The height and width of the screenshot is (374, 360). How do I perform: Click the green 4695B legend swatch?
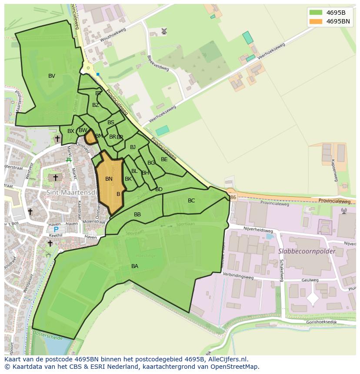pos(316,13)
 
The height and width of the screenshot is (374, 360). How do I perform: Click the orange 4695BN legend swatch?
pos(316,21)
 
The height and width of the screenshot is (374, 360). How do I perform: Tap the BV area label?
pos(52,76)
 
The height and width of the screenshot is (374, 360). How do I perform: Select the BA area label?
pos(135,266)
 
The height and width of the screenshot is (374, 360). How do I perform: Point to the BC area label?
pos(191,200)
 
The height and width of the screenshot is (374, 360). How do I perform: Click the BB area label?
pos(137,215)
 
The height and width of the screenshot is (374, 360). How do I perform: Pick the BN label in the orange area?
pos(109,179)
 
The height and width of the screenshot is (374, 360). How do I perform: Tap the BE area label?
pos(164,159)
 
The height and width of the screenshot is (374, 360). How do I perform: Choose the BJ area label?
pos(133,147)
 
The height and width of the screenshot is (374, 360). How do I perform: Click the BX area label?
pos(70,131)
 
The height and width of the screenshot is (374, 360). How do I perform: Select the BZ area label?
pos(96,105)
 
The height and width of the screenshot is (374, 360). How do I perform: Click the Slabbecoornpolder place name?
pos(307,252)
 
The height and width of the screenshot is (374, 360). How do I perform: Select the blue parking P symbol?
pos(56,229)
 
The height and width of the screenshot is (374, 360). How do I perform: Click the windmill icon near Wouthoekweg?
pos(164,31)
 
